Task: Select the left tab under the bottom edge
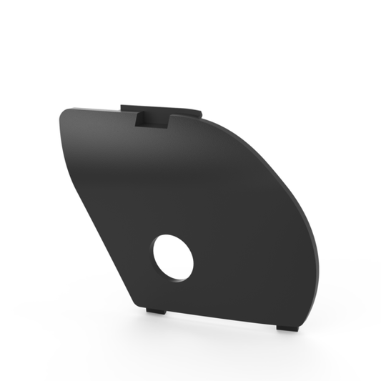point(156,310)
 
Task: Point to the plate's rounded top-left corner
point(66,114)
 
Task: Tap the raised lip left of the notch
point(127,108)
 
